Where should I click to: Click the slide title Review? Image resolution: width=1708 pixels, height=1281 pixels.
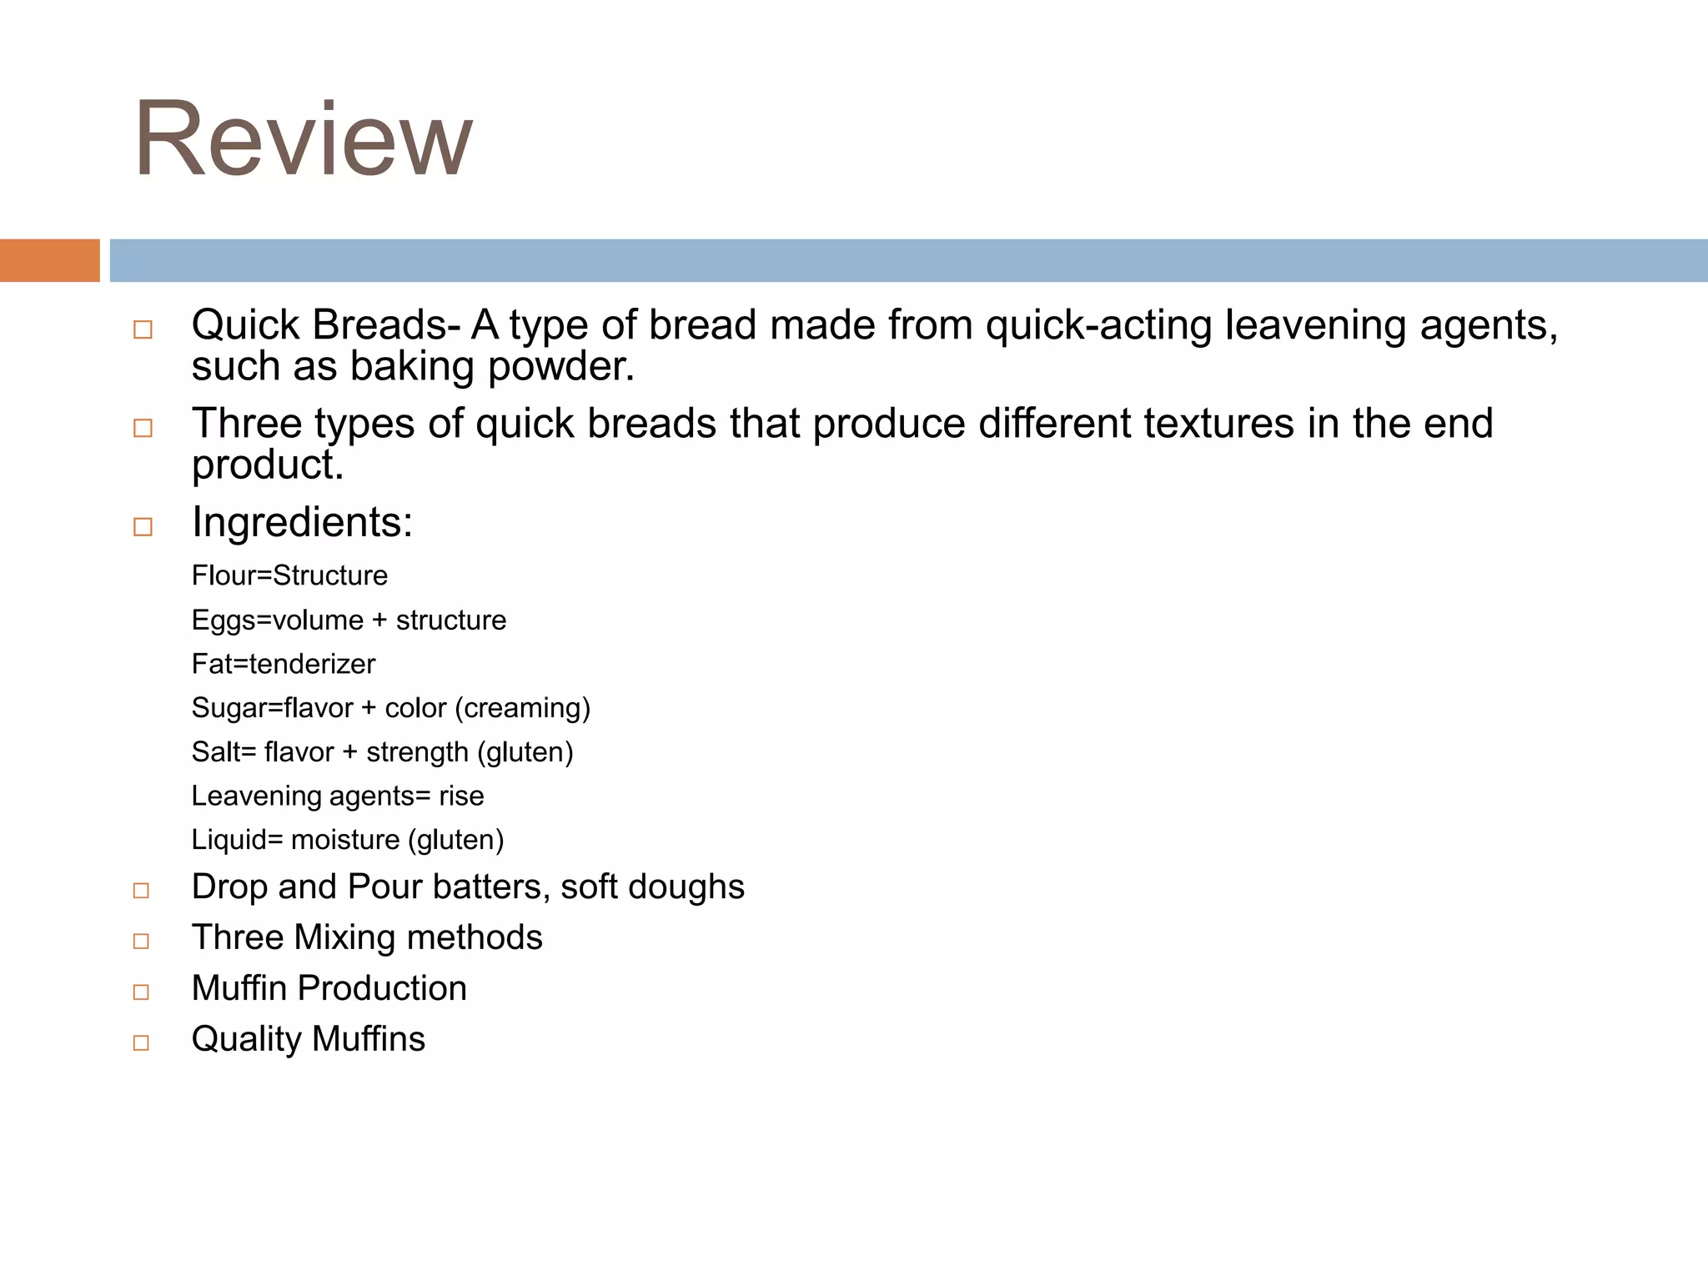(x=303, y=139)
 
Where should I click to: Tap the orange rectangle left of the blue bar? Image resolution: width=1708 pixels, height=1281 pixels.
(x=49, y=260)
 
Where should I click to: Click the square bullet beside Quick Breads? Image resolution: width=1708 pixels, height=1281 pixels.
(x=143, y=329)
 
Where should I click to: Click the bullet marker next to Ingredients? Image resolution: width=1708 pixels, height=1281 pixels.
(x=143, y=527)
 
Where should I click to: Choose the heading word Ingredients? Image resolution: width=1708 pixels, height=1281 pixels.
(x=302, y=523)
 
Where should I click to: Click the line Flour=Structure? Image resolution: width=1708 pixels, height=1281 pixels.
(x=289, y=575)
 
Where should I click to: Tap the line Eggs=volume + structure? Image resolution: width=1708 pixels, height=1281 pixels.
(x=349, y=620)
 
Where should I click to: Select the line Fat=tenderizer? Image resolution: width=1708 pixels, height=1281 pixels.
(x=283, y=664)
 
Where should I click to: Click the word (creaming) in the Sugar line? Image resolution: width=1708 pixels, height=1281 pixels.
(x=522, y=708)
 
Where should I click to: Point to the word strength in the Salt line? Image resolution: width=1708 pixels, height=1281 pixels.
(x=417, y=752)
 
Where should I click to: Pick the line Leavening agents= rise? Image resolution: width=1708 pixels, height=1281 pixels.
(x=337, y=796)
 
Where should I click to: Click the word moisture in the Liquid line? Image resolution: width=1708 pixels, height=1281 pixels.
(x=345, y=840)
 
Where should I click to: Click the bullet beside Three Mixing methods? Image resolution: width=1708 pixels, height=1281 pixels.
(x=141, y=942)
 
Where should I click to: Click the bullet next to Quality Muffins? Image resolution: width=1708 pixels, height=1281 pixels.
(x=141, y=1042)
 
